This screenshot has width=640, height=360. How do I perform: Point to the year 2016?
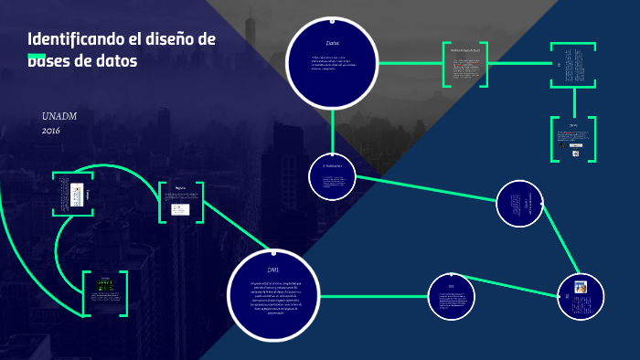coord(51,131)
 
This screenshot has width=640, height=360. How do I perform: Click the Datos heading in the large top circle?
coord(332,43)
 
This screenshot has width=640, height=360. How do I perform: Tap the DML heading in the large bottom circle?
coord(273,270)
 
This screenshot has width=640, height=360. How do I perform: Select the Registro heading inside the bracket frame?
coord(180,188)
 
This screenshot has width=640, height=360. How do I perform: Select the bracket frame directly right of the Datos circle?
coord(465,64)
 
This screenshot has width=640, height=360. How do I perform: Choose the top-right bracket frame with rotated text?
coord(573,66)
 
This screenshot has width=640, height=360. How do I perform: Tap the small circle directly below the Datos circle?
coord(332,175)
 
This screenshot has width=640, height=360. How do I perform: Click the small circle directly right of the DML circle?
coord(453,297)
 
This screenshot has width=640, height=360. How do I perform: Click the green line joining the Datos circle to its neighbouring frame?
coord(411,64)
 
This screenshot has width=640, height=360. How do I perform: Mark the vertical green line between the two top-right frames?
coord(573,102)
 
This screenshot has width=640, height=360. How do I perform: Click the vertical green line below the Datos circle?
coord(332,128)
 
